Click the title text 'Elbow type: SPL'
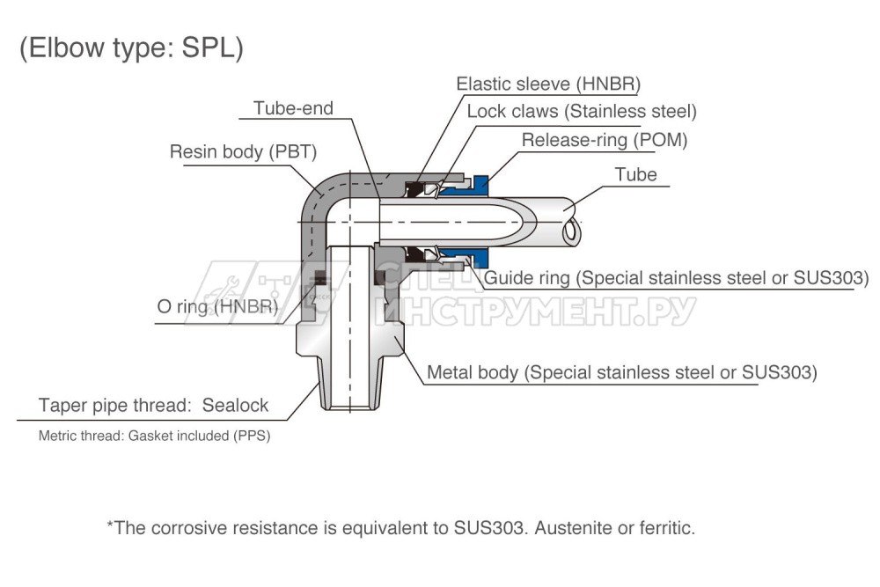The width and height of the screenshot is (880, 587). click(x=131, y=48)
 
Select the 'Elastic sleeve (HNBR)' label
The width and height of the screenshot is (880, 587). click(x=547, y=84)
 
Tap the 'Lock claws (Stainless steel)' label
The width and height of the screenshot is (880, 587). click(x=581, y=112)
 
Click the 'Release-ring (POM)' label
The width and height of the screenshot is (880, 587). click(x=604, y=140)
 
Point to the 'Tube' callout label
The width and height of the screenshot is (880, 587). click(x=635, y=174)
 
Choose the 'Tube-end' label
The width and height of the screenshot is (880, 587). click(x=293, y=108)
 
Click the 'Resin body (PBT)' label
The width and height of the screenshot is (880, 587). click(x=243, y=151)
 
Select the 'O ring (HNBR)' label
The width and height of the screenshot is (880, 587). click(x=217, y=307)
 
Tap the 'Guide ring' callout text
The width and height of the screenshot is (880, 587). click(x=677, y=278)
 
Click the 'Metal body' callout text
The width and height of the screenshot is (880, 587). click(x=621, y=372)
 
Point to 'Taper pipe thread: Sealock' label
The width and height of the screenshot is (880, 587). click(x=153, y=406)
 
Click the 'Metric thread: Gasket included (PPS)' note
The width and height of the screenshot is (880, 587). click(x=154, y=436)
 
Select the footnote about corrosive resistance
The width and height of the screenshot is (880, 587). click(x=400, y=529)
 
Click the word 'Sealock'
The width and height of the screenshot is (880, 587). click(x=235, y=406)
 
